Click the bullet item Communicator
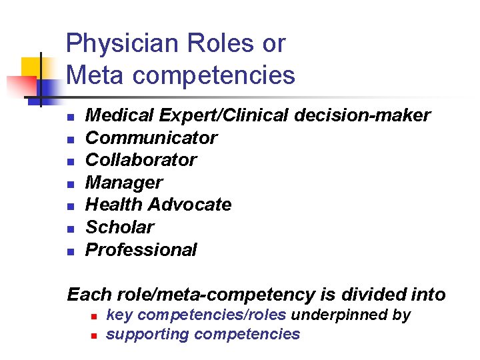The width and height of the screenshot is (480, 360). [151, 138]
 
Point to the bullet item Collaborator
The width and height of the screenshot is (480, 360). [141, 160]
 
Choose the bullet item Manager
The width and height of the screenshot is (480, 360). [124, 183]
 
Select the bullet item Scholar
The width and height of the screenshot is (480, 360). [120, 227]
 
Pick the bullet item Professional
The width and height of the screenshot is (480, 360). [141, 250]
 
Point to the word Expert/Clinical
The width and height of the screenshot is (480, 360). [221, 115]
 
